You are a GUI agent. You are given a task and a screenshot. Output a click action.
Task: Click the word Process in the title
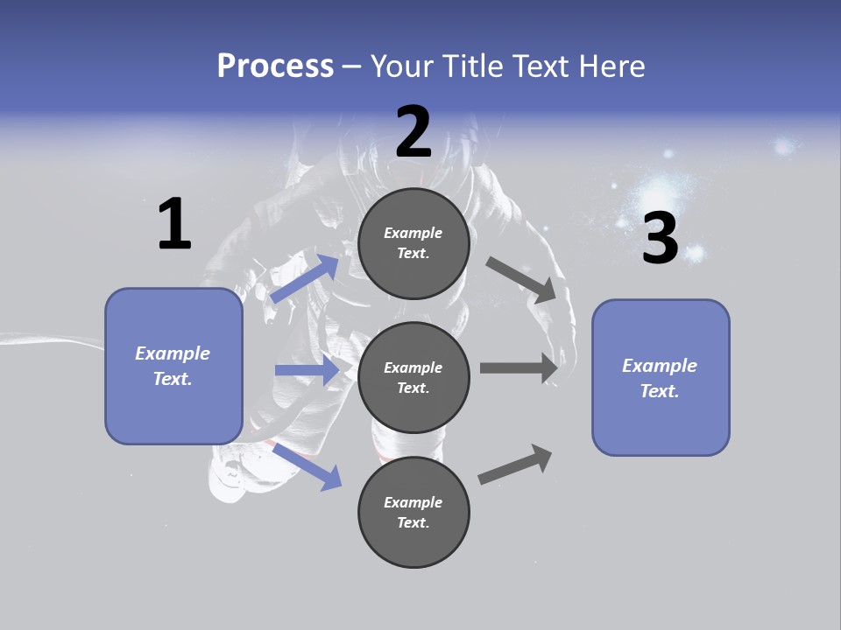point(275,66)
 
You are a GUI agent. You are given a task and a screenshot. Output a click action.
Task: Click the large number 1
point(174,225)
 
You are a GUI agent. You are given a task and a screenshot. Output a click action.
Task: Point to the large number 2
point(413,132)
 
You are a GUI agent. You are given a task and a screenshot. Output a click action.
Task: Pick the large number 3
point(660,239)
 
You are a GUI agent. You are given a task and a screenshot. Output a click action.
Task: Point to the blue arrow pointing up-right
point(305,278)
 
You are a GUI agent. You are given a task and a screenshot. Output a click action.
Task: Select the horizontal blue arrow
point(307,370)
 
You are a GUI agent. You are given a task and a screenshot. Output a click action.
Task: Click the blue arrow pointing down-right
point(307,466)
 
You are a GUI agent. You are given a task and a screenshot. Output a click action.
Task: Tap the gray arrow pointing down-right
point(521,279)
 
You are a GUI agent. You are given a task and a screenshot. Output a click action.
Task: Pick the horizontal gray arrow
point(519,368)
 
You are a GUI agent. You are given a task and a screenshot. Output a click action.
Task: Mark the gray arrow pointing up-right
point(515,465)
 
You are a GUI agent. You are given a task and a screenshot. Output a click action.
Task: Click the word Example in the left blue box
point(173,353)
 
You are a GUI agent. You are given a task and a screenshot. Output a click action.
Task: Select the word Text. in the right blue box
point(660,391)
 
